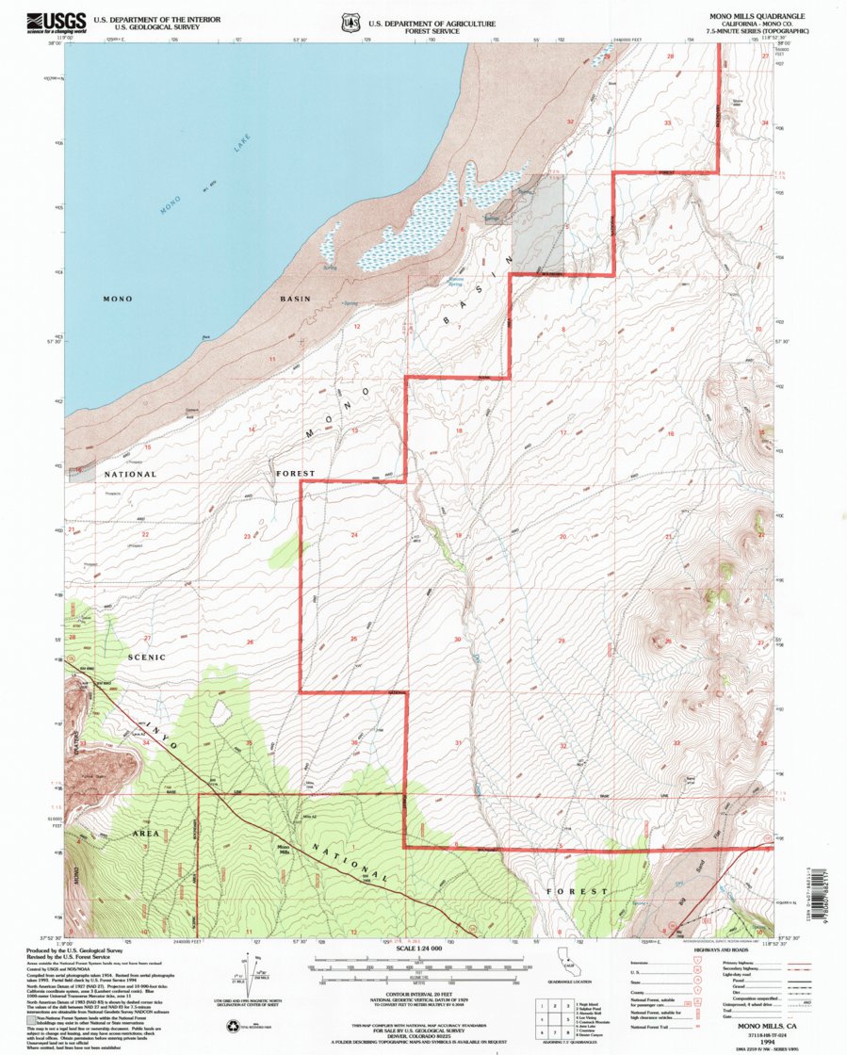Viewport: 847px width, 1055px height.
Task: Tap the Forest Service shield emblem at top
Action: click(x=351, y=21)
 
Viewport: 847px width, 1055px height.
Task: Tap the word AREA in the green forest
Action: click(x=145, y=834)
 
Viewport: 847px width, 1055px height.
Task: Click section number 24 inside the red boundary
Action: click(x=354, y=535)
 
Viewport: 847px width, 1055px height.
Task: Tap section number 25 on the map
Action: click(x=354, y=640)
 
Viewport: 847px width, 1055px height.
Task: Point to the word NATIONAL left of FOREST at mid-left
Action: click(x=130, y=474)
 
